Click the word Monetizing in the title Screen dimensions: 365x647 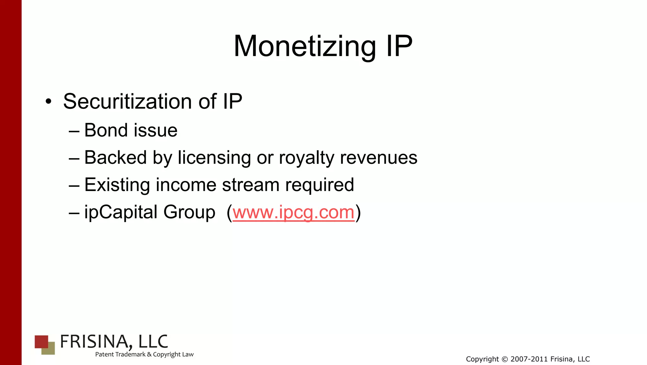pyautogui.click(x=305, y=46)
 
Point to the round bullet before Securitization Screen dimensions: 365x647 pyautogui.click(x=48, y=102)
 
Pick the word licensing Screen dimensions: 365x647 pyautogui.click(x=214, y=158)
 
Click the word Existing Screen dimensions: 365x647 pyautogui.click(x=117, y=185)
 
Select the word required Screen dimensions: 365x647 pyautogui.click(x=319, y=185)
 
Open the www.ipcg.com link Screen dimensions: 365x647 pyautogui.click(x=293, y=212)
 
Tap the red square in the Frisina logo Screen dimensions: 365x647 pyautogui.click(x=41, y=341)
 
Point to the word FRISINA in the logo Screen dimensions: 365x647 pyautogui.click(x=94, y=342)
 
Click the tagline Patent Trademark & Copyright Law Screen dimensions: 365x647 pyautogui.click(x=144, y=355)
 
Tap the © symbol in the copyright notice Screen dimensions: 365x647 pyautogui.click(x=505, y=359)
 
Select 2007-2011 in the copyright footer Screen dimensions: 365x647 pyautogui.click(x=529, y=359)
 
